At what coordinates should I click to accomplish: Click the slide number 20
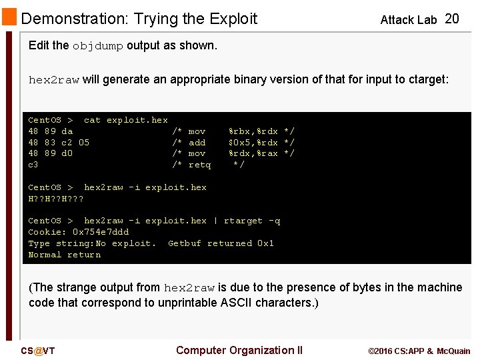pyautogui.click(x=451, y=19)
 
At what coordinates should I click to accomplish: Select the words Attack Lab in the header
pyautogui.click(x=408, y=20)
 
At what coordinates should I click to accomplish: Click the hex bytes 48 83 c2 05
pyautogui.click(x=59, y=143)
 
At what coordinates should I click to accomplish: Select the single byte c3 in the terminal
pyautogui.click(x=33, y=165)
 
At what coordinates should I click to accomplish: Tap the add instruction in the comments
pyautogui.click(x=197, y=143)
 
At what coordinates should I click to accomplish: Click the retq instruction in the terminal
pyautogui.click(x=199, y=165)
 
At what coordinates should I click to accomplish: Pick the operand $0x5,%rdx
pyautogui.click(x=253, y=143)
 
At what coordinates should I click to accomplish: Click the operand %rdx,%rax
pyautogui.click(x=253, y=153)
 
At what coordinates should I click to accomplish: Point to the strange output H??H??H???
pyautogui.click(x=56, y=199)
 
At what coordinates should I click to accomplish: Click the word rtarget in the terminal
pyautogui.click(x=243, y=221)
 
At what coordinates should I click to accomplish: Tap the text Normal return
pyautogui.click(x=65, y=255)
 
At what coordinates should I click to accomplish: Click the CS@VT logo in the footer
pyautogui.click(x=37, y=351)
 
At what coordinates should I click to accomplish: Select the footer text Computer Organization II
pyautogui.click(x=239, y=350)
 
